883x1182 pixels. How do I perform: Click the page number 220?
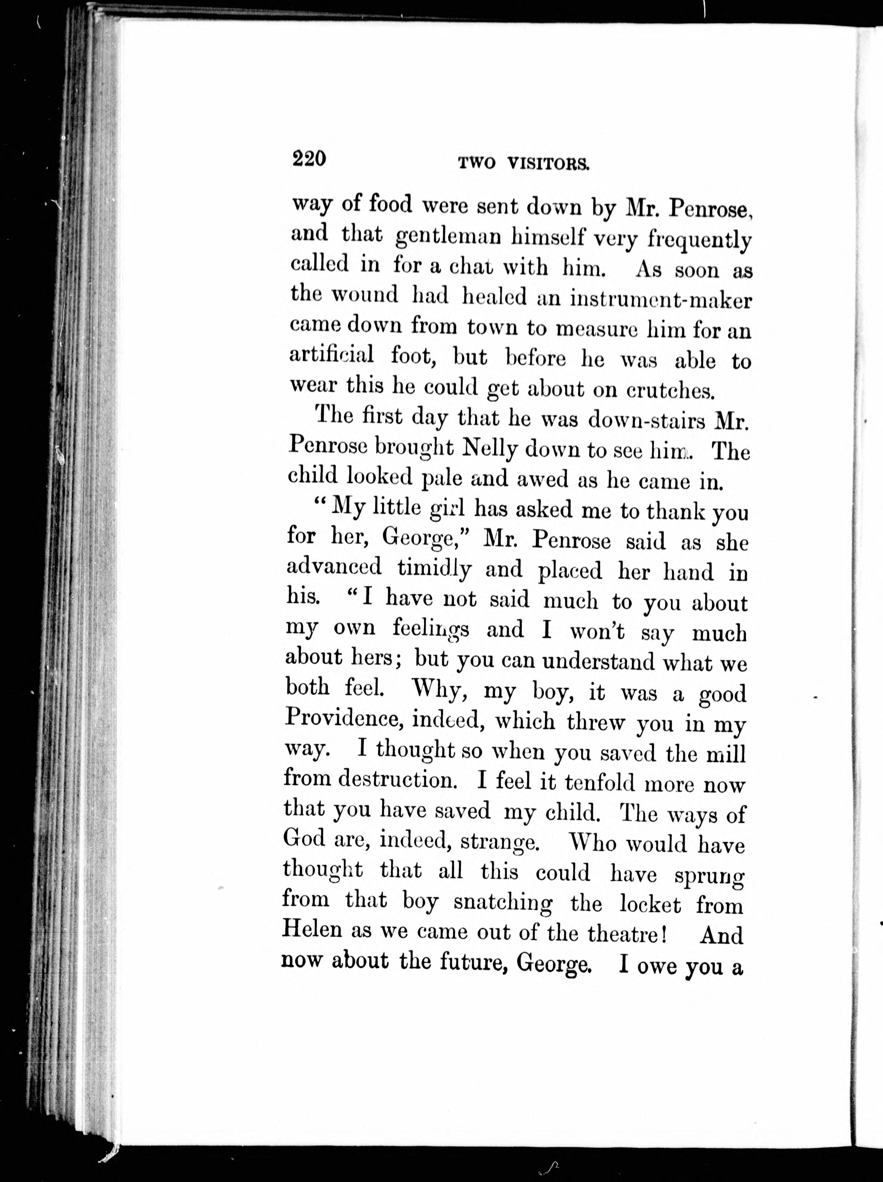309,159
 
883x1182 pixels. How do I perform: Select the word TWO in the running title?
477,164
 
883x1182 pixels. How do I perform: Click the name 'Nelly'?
489,451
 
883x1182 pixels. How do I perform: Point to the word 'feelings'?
431,629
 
